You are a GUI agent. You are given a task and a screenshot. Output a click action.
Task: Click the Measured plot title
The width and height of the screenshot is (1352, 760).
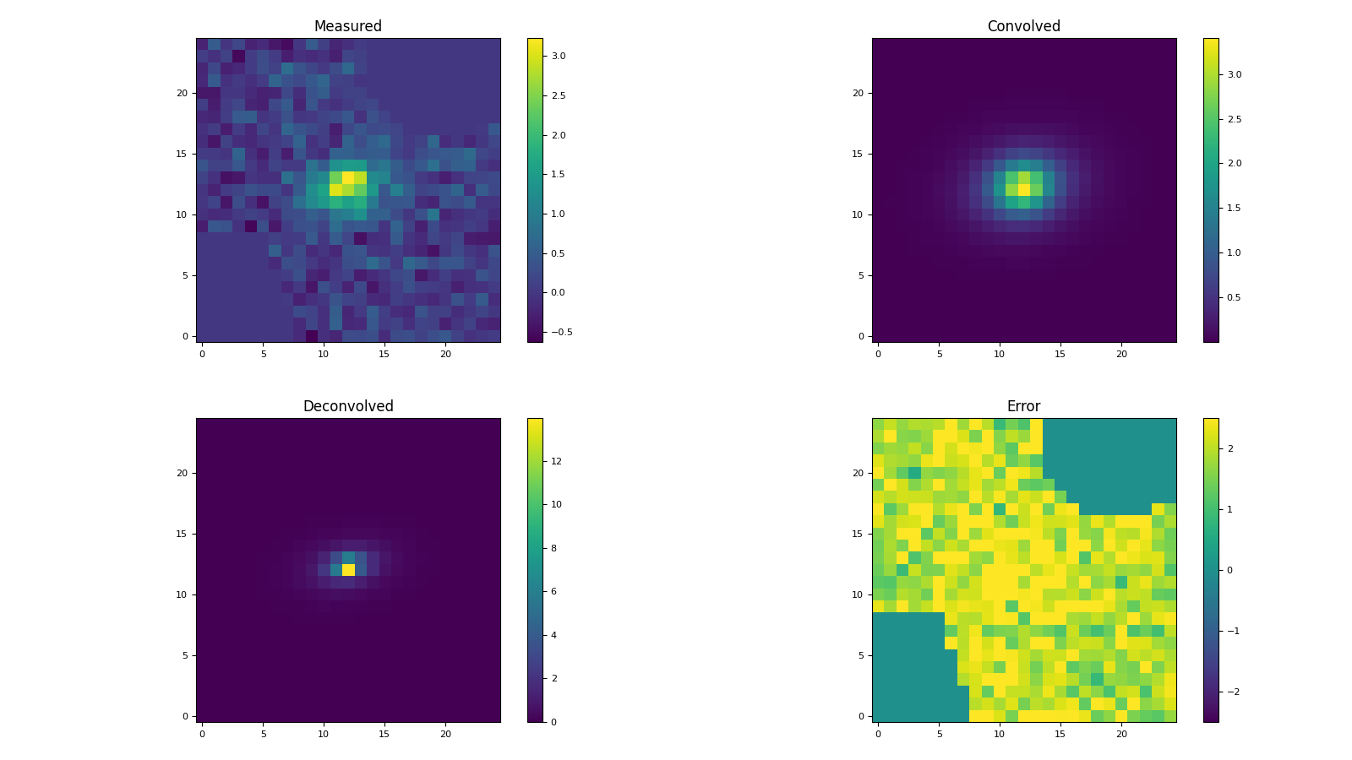point(347,26)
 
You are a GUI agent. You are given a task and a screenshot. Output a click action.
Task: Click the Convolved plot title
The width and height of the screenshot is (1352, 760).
point(1023,26)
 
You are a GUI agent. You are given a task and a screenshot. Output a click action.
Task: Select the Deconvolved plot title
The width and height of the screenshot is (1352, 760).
point(347,406)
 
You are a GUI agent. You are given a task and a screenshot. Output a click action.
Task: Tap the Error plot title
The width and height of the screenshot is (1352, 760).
point(1023,406)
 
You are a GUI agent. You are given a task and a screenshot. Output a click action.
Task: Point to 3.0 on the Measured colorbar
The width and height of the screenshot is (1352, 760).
point(559,56)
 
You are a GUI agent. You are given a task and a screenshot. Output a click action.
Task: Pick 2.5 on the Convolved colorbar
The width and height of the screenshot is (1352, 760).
point(1235,119)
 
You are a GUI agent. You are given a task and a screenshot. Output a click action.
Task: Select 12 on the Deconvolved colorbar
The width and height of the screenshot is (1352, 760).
point(556,461)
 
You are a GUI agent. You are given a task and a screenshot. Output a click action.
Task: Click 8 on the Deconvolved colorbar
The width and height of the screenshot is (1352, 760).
point(553,548)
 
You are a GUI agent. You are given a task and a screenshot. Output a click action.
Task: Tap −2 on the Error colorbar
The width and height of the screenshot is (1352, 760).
point(1229,692)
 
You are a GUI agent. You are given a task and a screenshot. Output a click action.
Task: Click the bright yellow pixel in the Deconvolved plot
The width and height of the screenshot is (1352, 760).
point(348,570)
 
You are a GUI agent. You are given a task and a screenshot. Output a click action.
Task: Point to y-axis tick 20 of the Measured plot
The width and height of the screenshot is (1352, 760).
point(181,93)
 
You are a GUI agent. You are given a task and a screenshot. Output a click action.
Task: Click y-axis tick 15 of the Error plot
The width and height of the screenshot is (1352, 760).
point(857,534)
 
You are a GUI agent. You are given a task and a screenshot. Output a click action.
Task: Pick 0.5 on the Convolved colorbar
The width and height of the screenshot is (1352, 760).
point(1235,297)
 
